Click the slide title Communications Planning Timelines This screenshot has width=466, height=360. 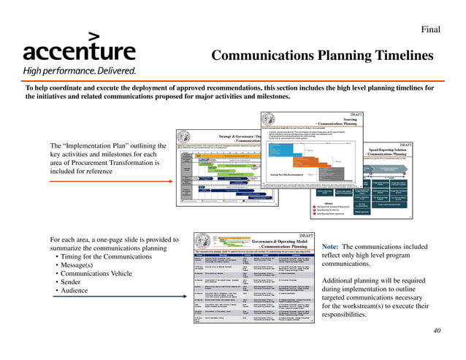pos(322,56)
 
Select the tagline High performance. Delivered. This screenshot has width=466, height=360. pos(79,71)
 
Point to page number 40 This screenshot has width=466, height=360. pos(437,331)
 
